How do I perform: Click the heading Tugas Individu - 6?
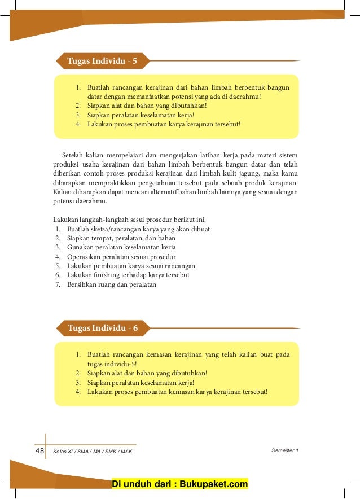tap(102, 328)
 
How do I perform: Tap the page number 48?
tap(39, 450)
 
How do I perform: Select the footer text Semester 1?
tap(284, 450)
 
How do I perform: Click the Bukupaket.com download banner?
tap(180, 484)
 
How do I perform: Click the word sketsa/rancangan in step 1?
tap(118, 229)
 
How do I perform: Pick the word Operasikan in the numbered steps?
tap(85, 257)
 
